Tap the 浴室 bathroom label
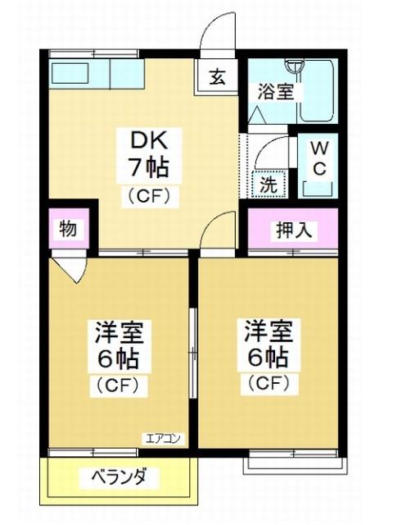pos(275,90)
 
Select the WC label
pos(319,159)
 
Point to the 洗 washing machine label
pos(268,184)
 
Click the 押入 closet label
pos(292,231)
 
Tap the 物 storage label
pos(68,231)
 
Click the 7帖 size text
pos(147,168)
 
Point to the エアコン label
pos(165,438)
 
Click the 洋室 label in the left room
pos(120,332)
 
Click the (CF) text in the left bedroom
pos(120,384)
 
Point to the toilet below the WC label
pos(318,189)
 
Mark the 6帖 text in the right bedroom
pos(268,358)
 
